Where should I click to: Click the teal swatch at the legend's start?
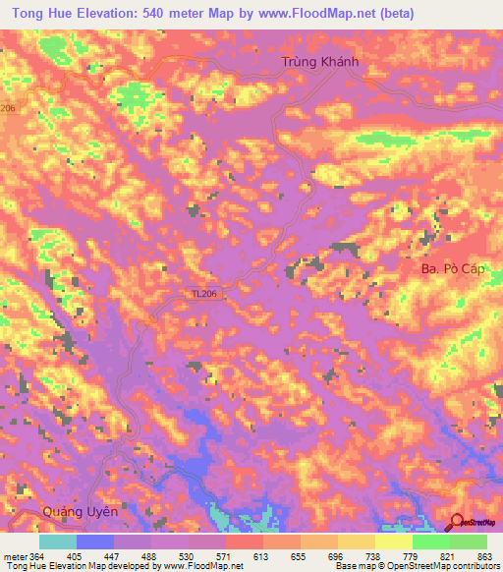[58, 542]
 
